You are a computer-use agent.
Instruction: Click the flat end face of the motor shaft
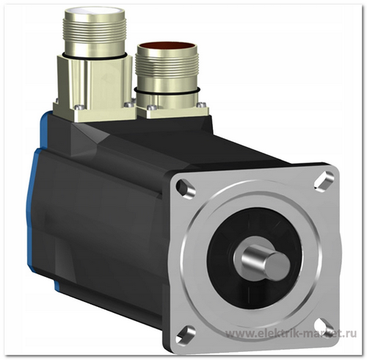279,264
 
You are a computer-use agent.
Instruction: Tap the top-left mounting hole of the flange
185,188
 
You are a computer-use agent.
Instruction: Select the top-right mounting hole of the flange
324,181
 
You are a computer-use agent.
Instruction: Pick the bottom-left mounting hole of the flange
186,334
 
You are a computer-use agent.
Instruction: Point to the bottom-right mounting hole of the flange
325,327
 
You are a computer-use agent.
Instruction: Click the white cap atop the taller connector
95,12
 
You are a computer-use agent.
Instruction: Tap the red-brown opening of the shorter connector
167,46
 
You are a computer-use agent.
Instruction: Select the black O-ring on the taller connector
95,56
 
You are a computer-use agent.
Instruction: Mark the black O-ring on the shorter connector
167,91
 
